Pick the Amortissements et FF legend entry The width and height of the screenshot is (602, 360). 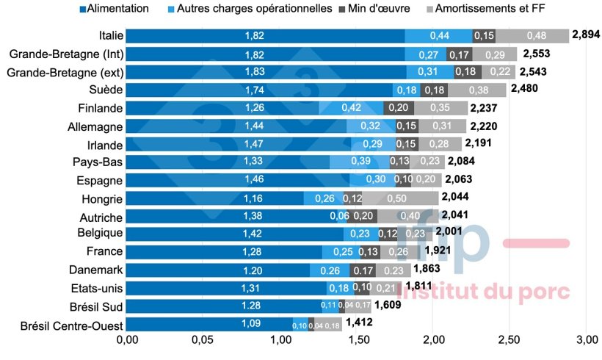click(492, 9)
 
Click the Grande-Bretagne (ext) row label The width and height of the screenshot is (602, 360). click(65, 72)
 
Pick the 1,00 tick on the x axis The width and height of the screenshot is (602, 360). click(280, 340)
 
